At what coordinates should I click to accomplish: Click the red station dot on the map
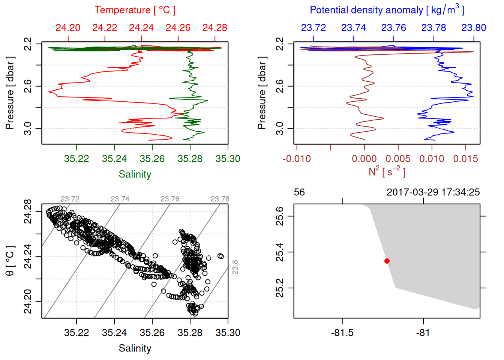click(387, 261)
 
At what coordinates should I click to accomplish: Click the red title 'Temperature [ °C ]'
click(135, 10)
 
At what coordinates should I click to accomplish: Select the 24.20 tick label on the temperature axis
click(68, 28)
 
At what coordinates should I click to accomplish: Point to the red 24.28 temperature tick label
click(215, 28)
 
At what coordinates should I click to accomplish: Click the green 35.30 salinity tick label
click(228, 159)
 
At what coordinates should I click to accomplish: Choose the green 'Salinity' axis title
click(135, 174)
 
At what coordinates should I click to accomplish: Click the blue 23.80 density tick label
click(474, 28)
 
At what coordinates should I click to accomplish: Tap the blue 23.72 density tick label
click(313, 28)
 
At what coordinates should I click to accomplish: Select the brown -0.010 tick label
click(297, 159)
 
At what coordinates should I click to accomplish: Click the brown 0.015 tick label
click(466, 159)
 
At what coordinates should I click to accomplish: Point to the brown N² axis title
click(387, 172)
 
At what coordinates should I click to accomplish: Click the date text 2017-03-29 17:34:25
click(433, 192)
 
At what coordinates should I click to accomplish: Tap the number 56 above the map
click(299, 192)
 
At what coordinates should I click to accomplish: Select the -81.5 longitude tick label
click(342, 333)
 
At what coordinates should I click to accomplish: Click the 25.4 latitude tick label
click(280, 252)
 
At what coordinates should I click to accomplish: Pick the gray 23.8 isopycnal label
click(235, 267)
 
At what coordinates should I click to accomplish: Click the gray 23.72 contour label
click(70, 199)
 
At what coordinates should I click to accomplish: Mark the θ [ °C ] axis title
click(10, 261)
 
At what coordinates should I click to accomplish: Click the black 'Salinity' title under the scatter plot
click(135, 348)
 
